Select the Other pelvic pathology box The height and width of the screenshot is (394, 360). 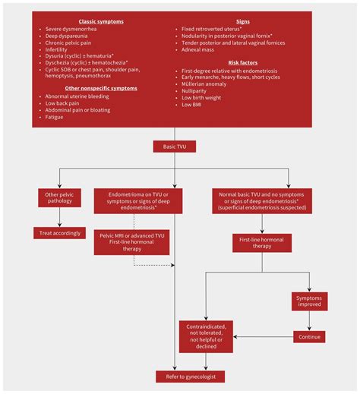pos(59,199)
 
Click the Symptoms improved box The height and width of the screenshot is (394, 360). pos(309,301)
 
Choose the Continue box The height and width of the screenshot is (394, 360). pos(309,336)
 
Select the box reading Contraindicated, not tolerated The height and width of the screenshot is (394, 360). pos(207,336)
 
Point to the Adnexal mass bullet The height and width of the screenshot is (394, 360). pos(198,49)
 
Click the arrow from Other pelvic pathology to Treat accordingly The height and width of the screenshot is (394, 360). pos(59,217)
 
